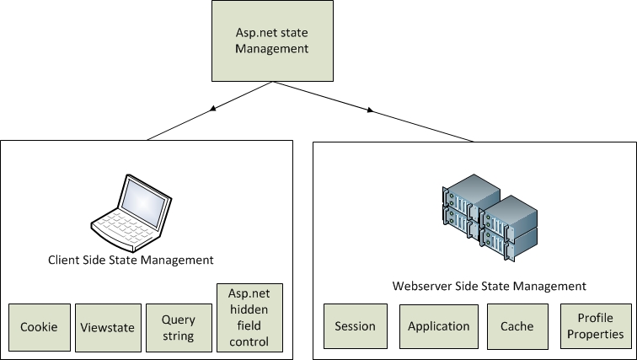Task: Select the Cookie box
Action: [39, 327]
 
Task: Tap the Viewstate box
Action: [107, 327]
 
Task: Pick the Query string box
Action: [178, 327]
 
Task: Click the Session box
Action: [355, 326]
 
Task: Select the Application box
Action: [438, 326]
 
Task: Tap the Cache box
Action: [517, 326]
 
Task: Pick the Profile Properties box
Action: [595, 326]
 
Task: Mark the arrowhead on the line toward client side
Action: [214, 109]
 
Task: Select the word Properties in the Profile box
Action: [595, 335]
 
